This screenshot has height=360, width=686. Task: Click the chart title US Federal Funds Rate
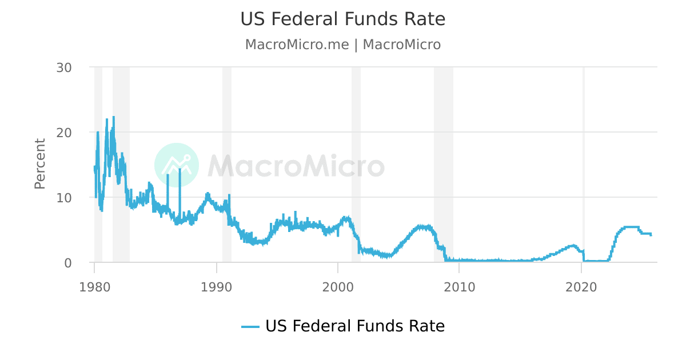[342, 19]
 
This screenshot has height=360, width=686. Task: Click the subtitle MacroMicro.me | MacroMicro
[342, 45]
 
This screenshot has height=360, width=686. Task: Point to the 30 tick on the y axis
[64, 67]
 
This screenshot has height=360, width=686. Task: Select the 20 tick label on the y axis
[64, 133]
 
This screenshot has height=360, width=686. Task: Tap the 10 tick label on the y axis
[64, 198]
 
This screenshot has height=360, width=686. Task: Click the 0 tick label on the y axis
[67, 263]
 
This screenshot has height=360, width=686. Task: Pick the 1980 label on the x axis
[94, 286]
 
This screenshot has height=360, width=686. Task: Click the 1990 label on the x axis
[216, 286]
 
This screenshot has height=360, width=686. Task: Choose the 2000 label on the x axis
[338, 286]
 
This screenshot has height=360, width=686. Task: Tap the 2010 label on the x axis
[460, 286]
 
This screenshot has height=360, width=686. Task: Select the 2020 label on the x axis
[581, 286]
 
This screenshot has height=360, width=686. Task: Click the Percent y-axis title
[40, 163]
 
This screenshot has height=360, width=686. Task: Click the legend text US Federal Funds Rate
[354, 326]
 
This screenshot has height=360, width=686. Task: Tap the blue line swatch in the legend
[250, 327]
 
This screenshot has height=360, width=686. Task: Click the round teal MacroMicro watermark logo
[177, 165]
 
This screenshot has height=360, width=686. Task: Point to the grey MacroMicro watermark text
[296, 166]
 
